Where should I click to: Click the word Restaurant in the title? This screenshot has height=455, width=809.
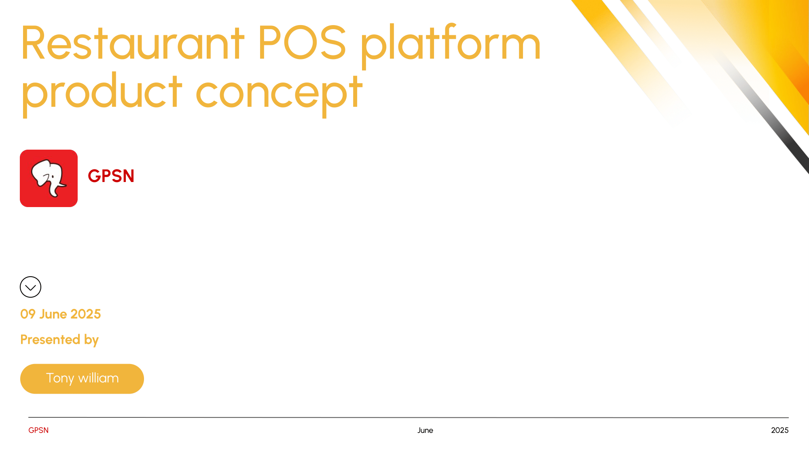pyautogui.click(x=133, y=43)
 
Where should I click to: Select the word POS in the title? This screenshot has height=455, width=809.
pyautogui.click(x=302, y=42)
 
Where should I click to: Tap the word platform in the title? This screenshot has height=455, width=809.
pyautogui.click(x=451, y=45)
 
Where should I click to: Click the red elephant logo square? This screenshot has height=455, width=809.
pyautogui.click(x=49, y=178)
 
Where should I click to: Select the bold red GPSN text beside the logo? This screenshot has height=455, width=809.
pyautogui.click(x=111, y=176)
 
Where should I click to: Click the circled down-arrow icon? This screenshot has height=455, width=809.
pyautogui.click(x=30, y=287)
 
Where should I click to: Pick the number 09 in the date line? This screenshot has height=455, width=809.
pyautogui.click(x=28, y=314)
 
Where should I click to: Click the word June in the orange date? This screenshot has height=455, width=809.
pyautogui.click(x=53, y=314)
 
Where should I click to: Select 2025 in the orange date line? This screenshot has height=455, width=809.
pyautogui.click(x=85, y=314)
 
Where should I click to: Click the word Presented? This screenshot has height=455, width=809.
pyautogui.click(x=50, y=339)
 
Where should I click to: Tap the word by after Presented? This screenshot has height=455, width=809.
pyautogui.click(x=91, y=340)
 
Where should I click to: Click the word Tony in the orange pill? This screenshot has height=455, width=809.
pyautogui.click(x=60, y=379)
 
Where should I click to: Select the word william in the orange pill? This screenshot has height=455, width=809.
pyautogui.click(x=98, y=378)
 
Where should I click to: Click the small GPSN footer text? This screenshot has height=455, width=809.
pyautogui.click(x=38, y=430)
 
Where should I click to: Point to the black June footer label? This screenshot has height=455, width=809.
pyautogui.click(x=425, y=430)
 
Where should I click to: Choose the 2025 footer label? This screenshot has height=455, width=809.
pyautogui.click(x=780, y=430)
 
